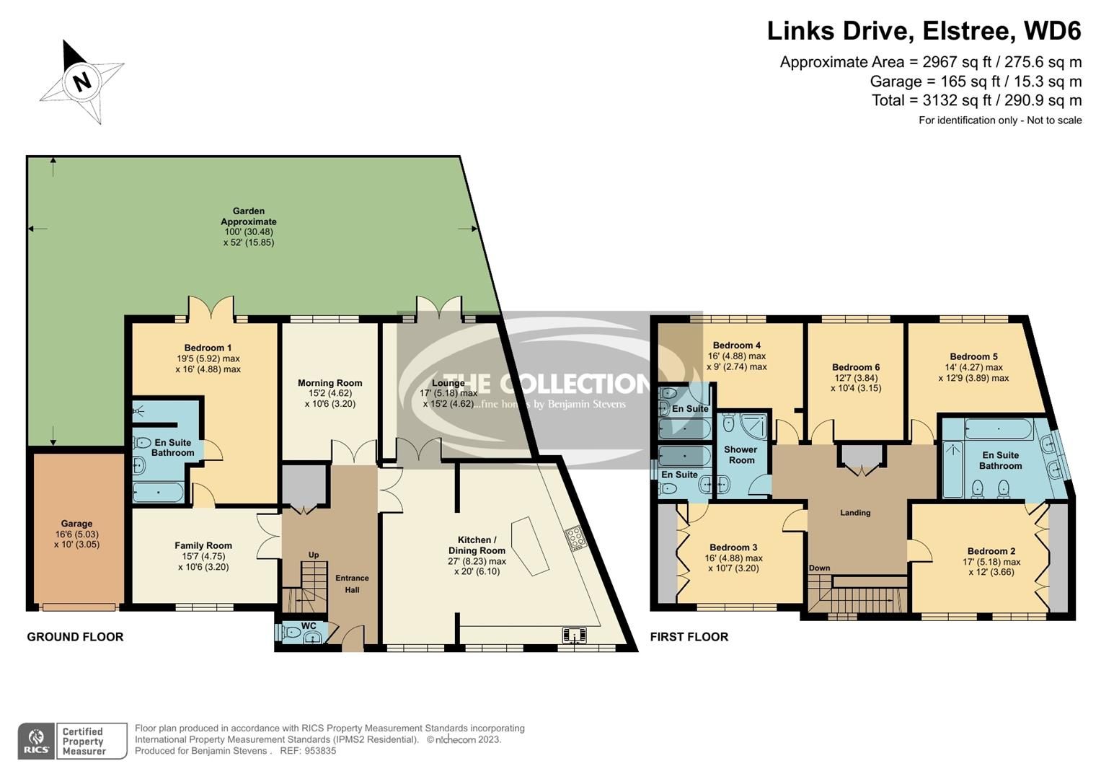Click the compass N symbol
[x=81, y=81]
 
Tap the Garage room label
[x=76, y=524]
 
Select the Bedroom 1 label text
[x=208, y=348]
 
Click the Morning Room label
[x=330, y=383]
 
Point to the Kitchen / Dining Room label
[x=477, y=545]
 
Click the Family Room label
[x=203, y=546]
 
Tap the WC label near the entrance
[x=309, y=625]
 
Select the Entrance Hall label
[x=352, y=584]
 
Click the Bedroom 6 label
[x=855, y=367]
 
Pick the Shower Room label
[x=740, y=454]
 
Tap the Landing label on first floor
[x=855, y=513]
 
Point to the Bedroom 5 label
[x=973, y=356]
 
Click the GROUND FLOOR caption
[x=75, y=637]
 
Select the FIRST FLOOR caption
[x=689, y=637]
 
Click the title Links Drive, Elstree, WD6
[x=924, y=31]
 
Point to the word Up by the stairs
[x=314, y=555]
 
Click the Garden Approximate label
[x=248, y=216]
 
